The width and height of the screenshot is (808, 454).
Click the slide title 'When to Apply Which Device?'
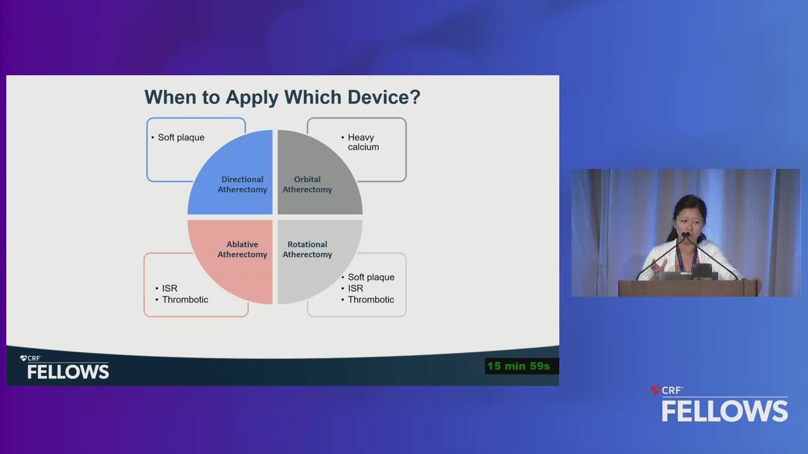point(282,97)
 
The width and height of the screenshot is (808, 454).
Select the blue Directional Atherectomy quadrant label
point(242,185)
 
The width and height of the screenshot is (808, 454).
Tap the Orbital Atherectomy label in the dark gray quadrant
point(307,185)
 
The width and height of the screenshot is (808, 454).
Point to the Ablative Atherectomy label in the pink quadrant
point(242,249)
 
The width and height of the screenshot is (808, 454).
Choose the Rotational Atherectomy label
point(307,249)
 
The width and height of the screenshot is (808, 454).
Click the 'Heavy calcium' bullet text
point(363,142)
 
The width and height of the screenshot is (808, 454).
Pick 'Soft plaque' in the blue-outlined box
point(181,137)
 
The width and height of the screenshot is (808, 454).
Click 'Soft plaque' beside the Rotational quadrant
point(371,277)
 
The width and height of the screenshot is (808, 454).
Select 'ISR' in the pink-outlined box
point(170,288)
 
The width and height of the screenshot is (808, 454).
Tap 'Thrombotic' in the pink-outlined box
point(185,300)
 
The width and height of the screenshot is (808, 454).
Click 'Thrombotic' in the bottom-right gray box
point(371,300)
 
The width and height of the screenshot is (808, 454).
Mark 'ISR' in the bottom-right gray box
point(355,288)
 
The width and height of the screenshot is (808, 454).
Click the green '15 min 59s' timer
point(518,366)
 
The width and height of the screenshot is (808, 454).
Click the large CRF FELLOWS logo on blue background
point(720,404)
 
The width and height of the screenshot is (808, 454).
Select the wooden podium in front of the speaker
point(688,288)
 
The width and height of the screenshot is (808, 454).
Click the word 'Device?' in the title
point(384,97)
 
